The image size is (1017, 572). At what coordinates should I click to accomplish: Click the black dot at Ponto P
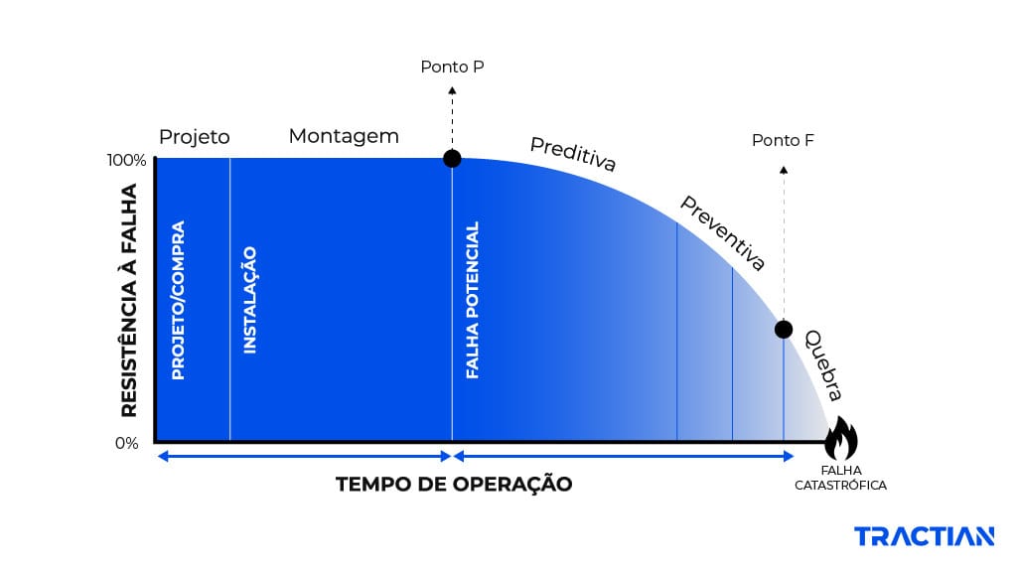point(452,158)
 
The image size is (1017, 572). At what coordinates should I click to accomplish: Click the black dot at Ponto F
point(784,329)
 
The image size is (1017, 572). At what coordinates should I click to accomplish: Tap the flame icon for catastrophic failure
point(840,438)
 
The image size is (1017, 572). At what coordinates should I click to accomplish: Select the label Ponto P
point(452,68)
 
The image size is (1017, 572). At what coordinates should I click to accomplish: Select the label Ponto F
point(783,140)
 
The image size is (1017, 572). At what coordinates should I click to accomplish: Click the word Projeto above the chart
point(195,137)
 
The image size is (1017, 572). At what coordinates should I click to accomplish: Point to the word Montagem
point(344,136)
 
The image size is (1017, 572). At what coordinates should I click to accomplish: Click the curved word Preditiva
point(573,154)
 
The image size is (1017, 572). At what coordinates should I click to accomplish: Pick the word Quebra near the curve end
point(823,363)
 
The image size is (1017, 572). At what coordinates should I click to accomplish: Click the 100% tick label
point(126,160)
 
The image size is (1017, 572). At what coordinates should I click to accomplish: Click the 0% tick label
point(126,443)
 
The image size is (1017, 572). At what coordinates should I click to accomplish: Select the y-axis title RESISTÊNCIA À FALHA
point(129,299)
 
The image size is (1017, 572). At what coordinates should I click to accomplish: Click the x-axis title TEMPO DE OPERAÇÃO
point(454,485)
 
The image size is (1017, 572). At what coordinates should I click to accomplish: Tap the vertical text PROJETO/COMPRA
point(179,300)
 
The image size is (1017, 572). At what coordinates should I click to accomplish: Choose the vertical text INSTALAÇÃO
point(250,300)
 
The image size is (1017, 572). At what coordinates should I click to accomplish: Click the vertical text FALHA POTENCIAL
point(473,300)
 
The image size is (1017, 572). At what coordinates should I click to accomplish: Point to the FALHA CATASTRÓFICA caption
point(840,478)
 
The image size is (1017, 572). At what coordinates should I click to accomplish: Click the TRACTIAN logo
point(924,537)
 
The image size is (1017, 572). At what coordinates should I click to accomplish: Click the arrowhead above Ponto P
point(452,89)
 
